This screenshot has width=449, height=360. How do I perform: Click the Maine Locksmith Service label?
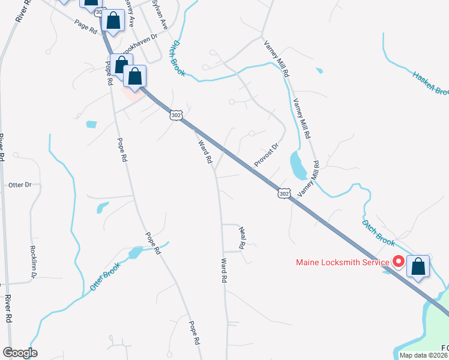(x=342, y=262)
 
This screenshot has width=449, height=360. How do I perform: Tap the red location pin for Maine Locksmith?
(x=398, y=262)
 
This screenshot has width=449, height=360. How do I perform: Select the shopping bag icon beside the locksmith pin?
(x=418, y=266)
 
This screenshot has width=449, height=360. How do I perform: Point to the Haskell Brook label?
(x=430, y=83)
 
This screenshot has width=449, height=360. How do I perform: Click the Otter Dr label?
(x=19, y=185)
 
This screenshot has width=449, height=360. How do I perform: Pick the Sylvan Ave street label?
(x=159, y=14)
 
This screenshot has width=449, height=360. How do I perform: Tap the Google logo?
(x=20, y=353)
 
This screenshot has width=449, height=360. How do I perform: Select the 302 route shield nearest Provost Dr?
(x=285, y=193)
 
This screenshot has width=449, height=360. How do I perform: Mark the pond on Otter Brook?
(x=135, y=253)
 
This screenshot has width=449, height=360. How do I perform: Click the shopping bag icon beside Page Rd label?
(x=112, y=22)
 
